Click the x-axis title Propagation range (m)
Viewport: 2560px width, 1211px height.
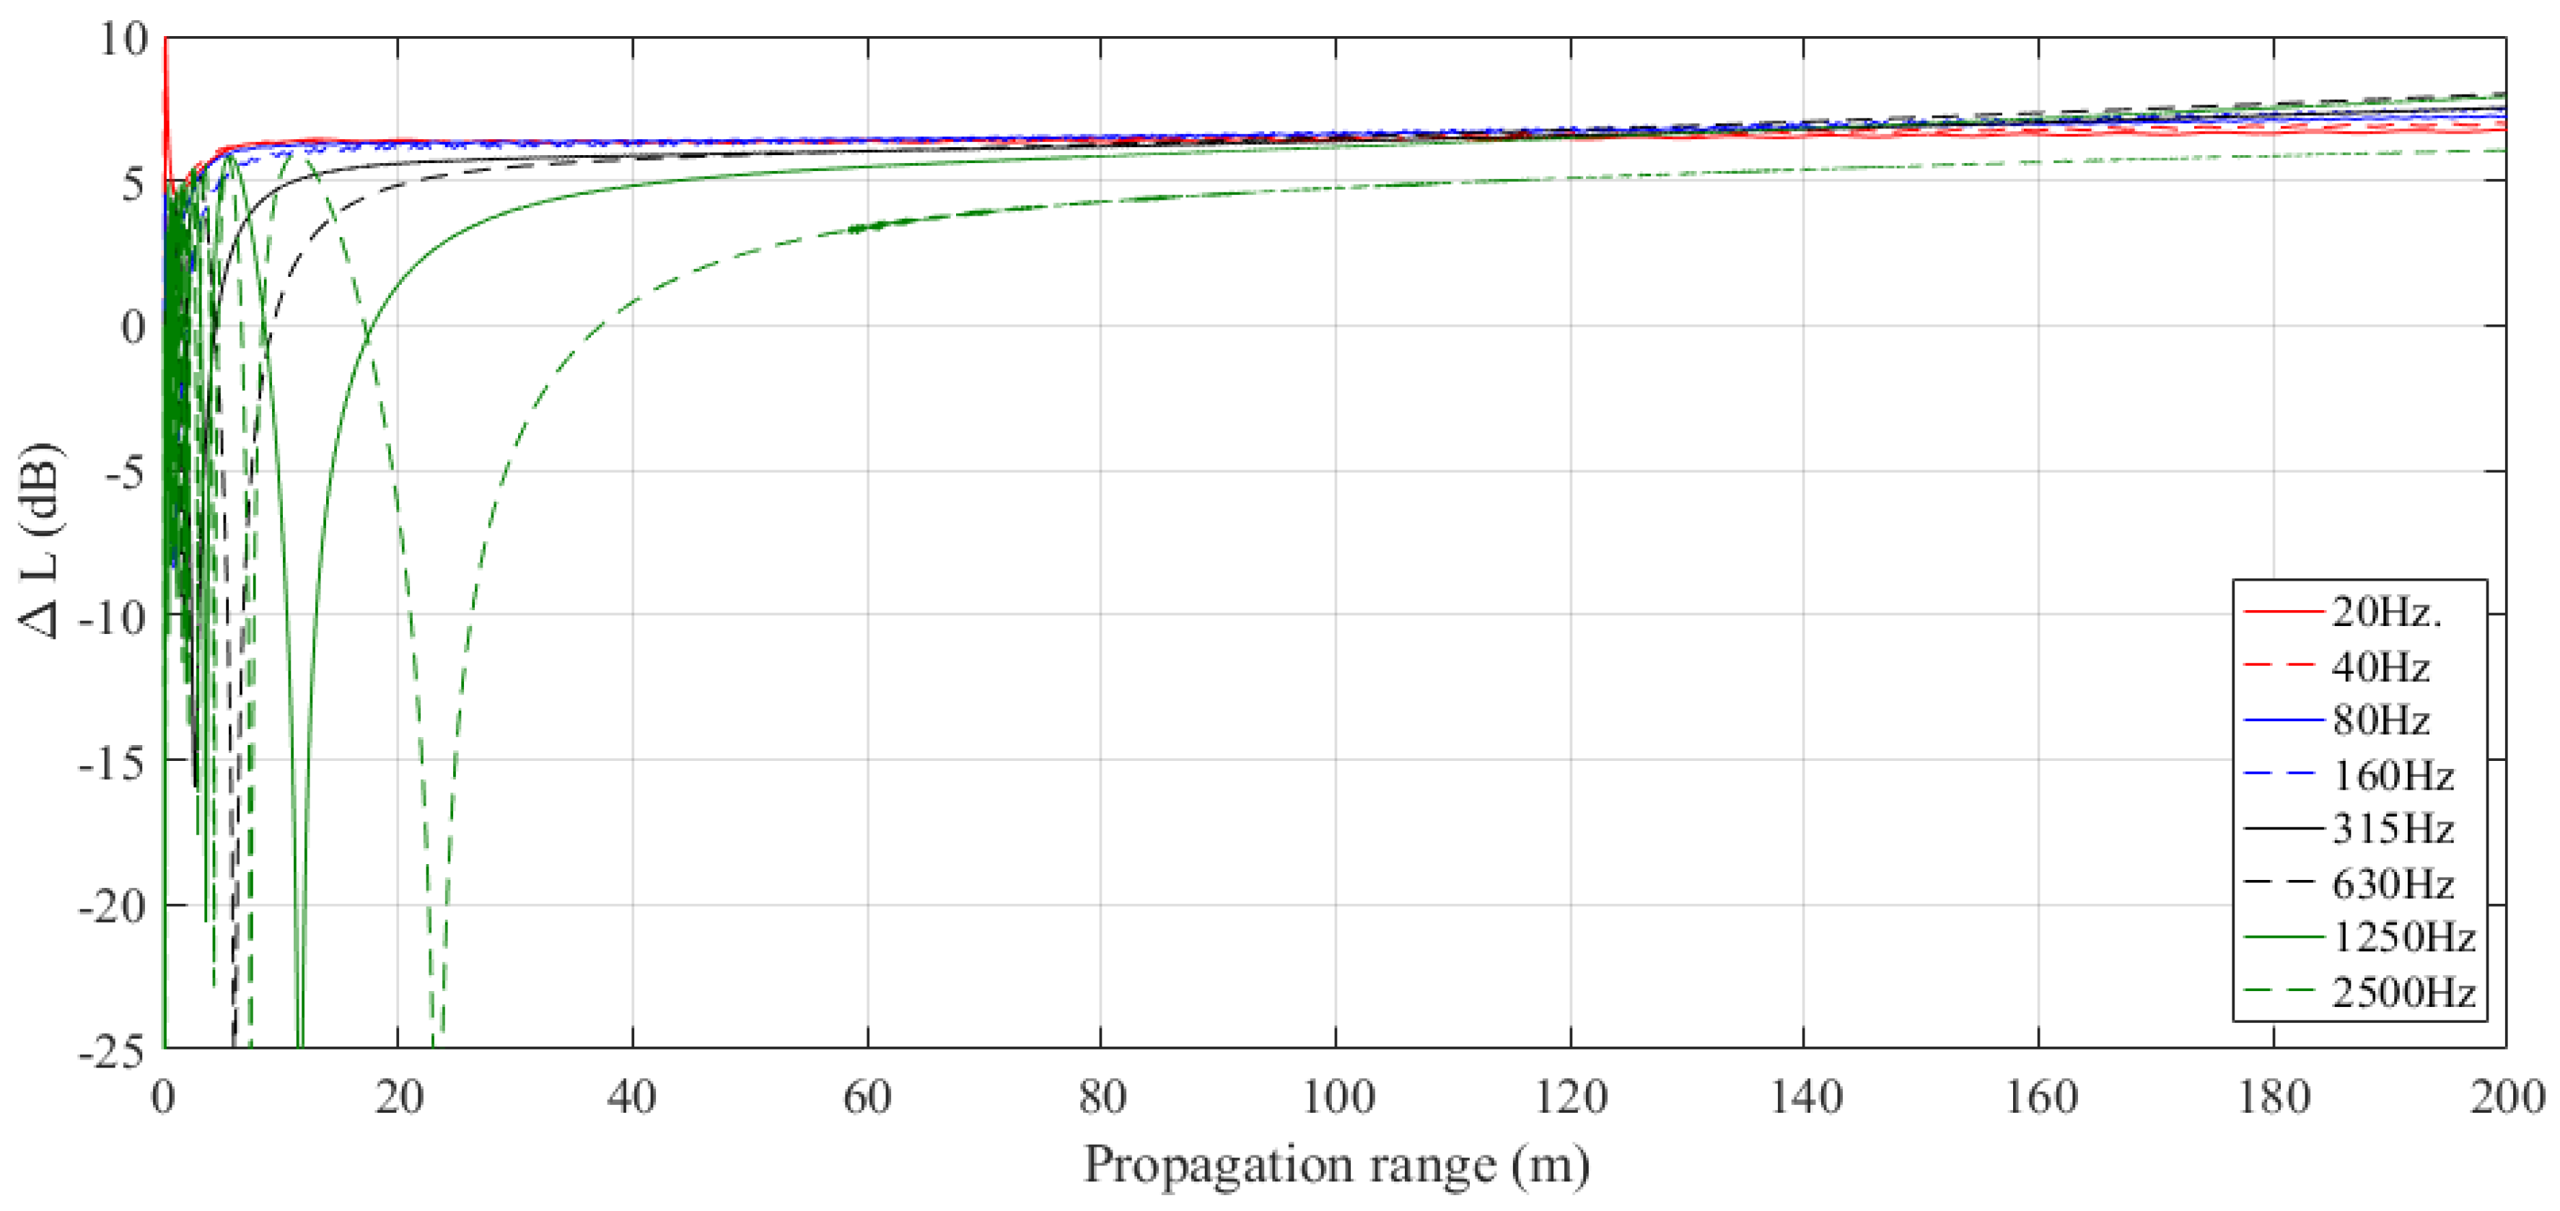(x=1336, y=1164)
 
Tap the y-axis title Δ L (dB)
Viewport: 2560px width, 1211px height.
(x=40, y=542)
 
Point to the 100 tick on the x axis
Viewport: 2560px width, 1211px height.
(x=1336, y=1098)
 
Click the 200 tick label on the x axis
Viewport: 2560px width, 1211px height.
(x=2505, y=1098)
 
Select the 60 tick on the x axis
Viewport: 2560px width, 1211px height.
(x=867, y=1098)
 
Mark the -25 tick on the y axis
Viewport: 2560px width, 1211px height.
(x=111, y=1051)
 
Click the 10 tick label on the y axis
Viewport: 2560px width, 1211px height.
(x=123, y=40)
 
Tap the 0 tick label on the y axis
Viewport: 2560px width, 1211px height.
(x=133, y=327)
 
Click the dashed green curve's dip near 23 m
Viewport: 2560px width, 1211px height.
(x=437, y=1023)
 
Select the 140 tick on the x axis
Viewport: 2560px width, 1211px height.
(x=1804, y=1098)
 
